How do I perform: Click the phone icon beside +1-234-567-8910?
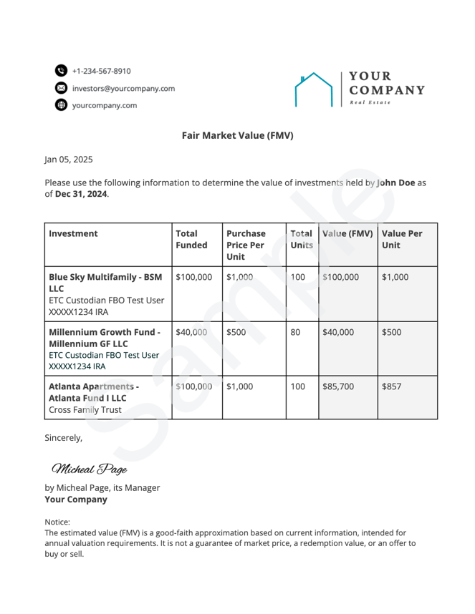[x=61, y=71]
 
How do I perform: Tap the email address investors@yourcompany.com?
[x=123, y=88]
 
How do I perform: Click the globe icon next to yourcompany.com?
[x=61, y=105]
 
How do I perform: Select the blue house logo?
[x=315, y=89]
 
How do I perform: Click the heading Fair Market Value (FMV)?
[x=237, y=135]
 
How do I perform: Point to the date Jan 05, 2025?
[x=69, y=160]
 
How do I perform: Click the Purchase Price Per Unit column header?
[x=246, y=245]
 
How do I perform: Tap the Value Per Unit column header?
[x=401, y=239]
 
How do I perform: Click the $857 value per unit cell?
[x=392, y=386]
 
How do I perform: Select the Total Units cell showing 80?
[x=296, y=332]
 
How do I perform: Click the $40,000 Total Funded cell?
[x=191, y=332]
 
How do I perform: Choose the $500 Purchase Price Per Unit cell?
[x=236, y=332]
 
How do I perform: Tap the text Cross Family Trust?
[x=85, y=410]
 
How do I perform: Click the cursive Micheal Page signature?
[x=89, y=469]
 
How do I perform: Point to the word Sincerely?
[x=64, y=437]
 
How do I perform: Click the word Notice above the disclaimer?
[x=57, y=522]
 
